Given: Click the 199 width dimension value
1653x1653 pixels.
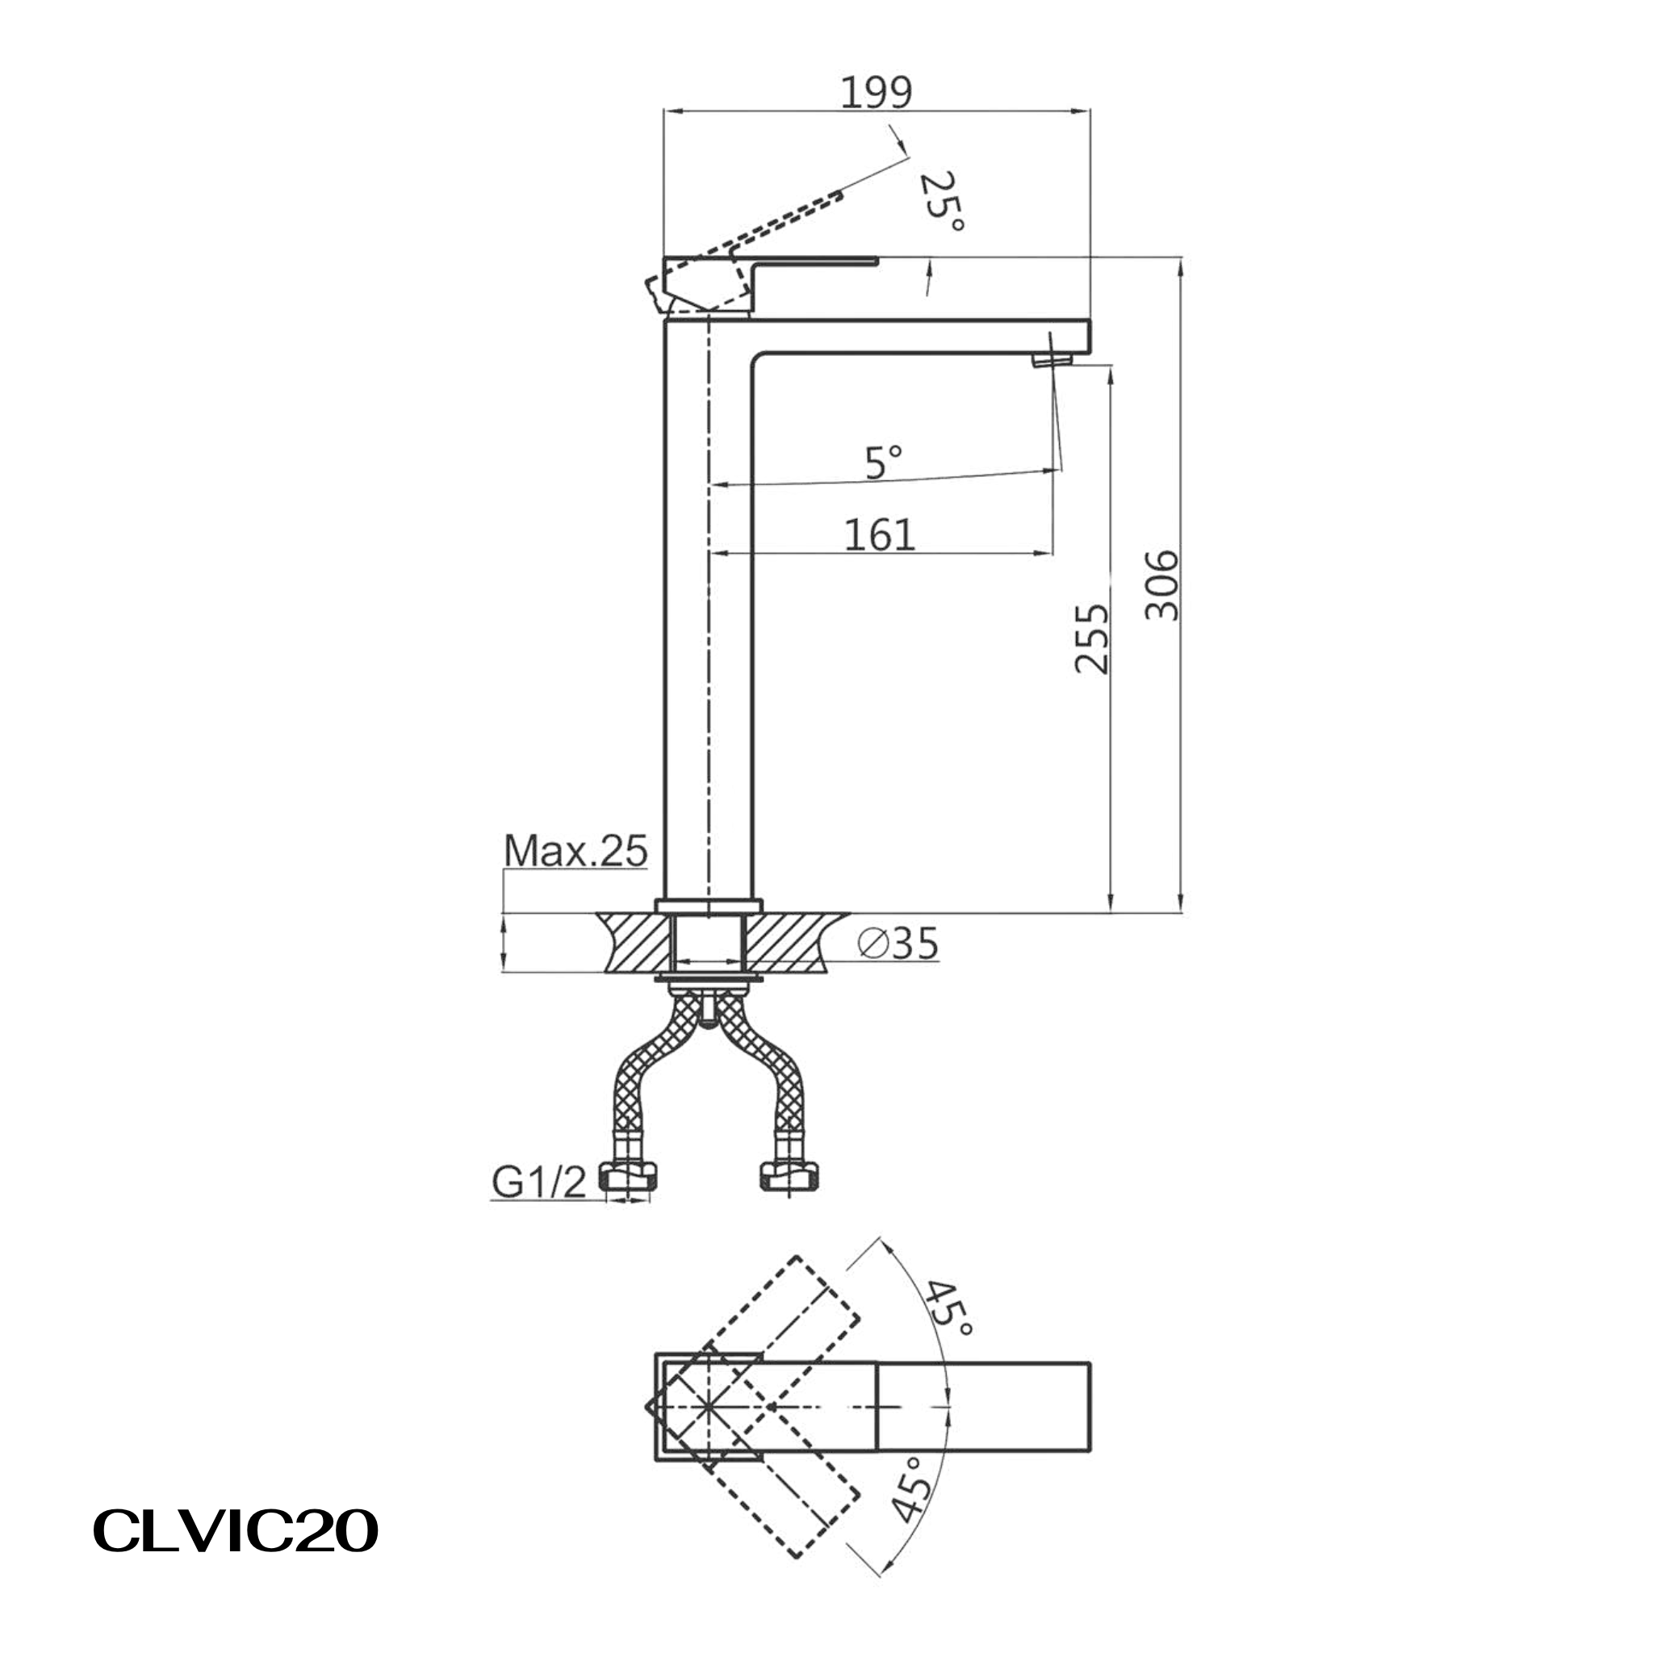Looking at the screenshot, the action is (x=876, y=92).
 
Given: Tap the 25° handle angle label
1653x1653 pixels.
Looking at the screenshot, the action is (x=943, y=202).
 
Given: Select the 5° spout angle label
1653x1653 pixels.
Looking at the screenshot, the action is (x=883, y=462).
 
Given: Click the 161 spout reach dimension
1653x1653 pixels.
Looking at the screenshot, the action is (x=880, y=535).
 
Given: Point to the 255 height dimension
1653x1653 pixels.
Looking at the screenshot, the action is (x=1091, y=639).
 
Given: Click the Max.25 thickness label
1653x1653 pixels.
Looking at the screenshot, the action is (x=575, y=851).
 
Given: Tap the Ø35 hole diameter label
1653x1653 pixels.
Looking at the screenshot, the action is (x=898, y=944).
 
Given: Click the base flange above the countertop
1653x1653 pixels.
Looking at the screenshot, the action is (x=709, y=906).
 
